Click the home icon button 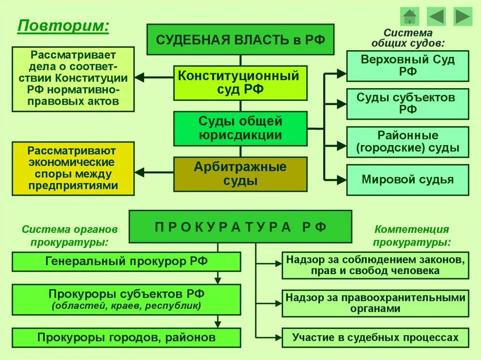(x=410, y=16)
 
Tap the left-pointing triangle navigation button (x=436, y=16)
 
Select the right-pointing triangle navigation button (x=463, y=16)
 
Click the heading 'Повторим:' (x=63, y=25)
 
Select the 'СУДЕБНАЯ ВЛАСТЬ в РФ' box (x=240, y=39)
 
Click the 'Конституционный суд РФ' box (x=240, y=83)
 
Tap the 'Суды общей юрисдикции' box (x=240, y=129)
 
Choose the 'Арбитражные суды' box (x=240, y=174)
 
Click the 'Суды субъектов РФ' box (x=407, y=104)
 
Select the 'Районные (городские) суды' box (x=407, y=142)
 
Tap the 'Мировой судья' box (x=407, y=180)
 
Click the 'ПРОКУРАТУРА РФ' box (x=240, y=227)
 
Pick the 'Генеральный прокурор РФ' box (x=126, y=261)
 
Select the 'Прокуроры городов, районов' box (x=126, y=337)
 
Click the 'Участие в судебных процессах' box (x=375, y=337)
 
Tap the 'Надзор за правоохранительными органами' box (x=375, y=303)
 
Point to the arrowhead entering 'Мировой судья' (x=341, y=179)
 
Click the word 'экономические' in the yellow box (x=73, y=163)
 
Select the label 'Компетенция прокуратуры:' (x=411, y=236)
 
